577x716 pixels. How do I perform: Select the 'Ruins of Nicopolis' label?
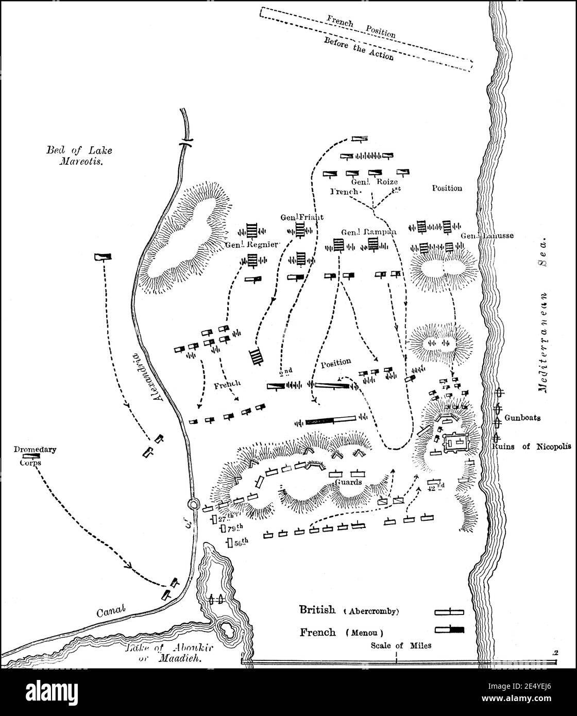pyautogui.click(x=538, y=447)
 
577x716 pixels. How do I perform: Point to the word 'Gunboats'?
pyautogui.click(x=522, y=418)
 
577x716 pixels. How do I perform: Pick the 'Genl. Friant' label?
pyautogui.click(x=302, y=217)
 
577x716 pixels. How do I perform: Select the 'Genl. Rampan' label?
pyautogui.click(x=369, y=232)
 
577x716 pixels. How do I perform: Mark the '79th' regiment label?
pyautogui.click(x=230, y=529)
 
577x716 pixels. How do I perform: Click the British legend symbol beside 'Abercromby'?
pyautogui.click(x=449, y=612)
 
